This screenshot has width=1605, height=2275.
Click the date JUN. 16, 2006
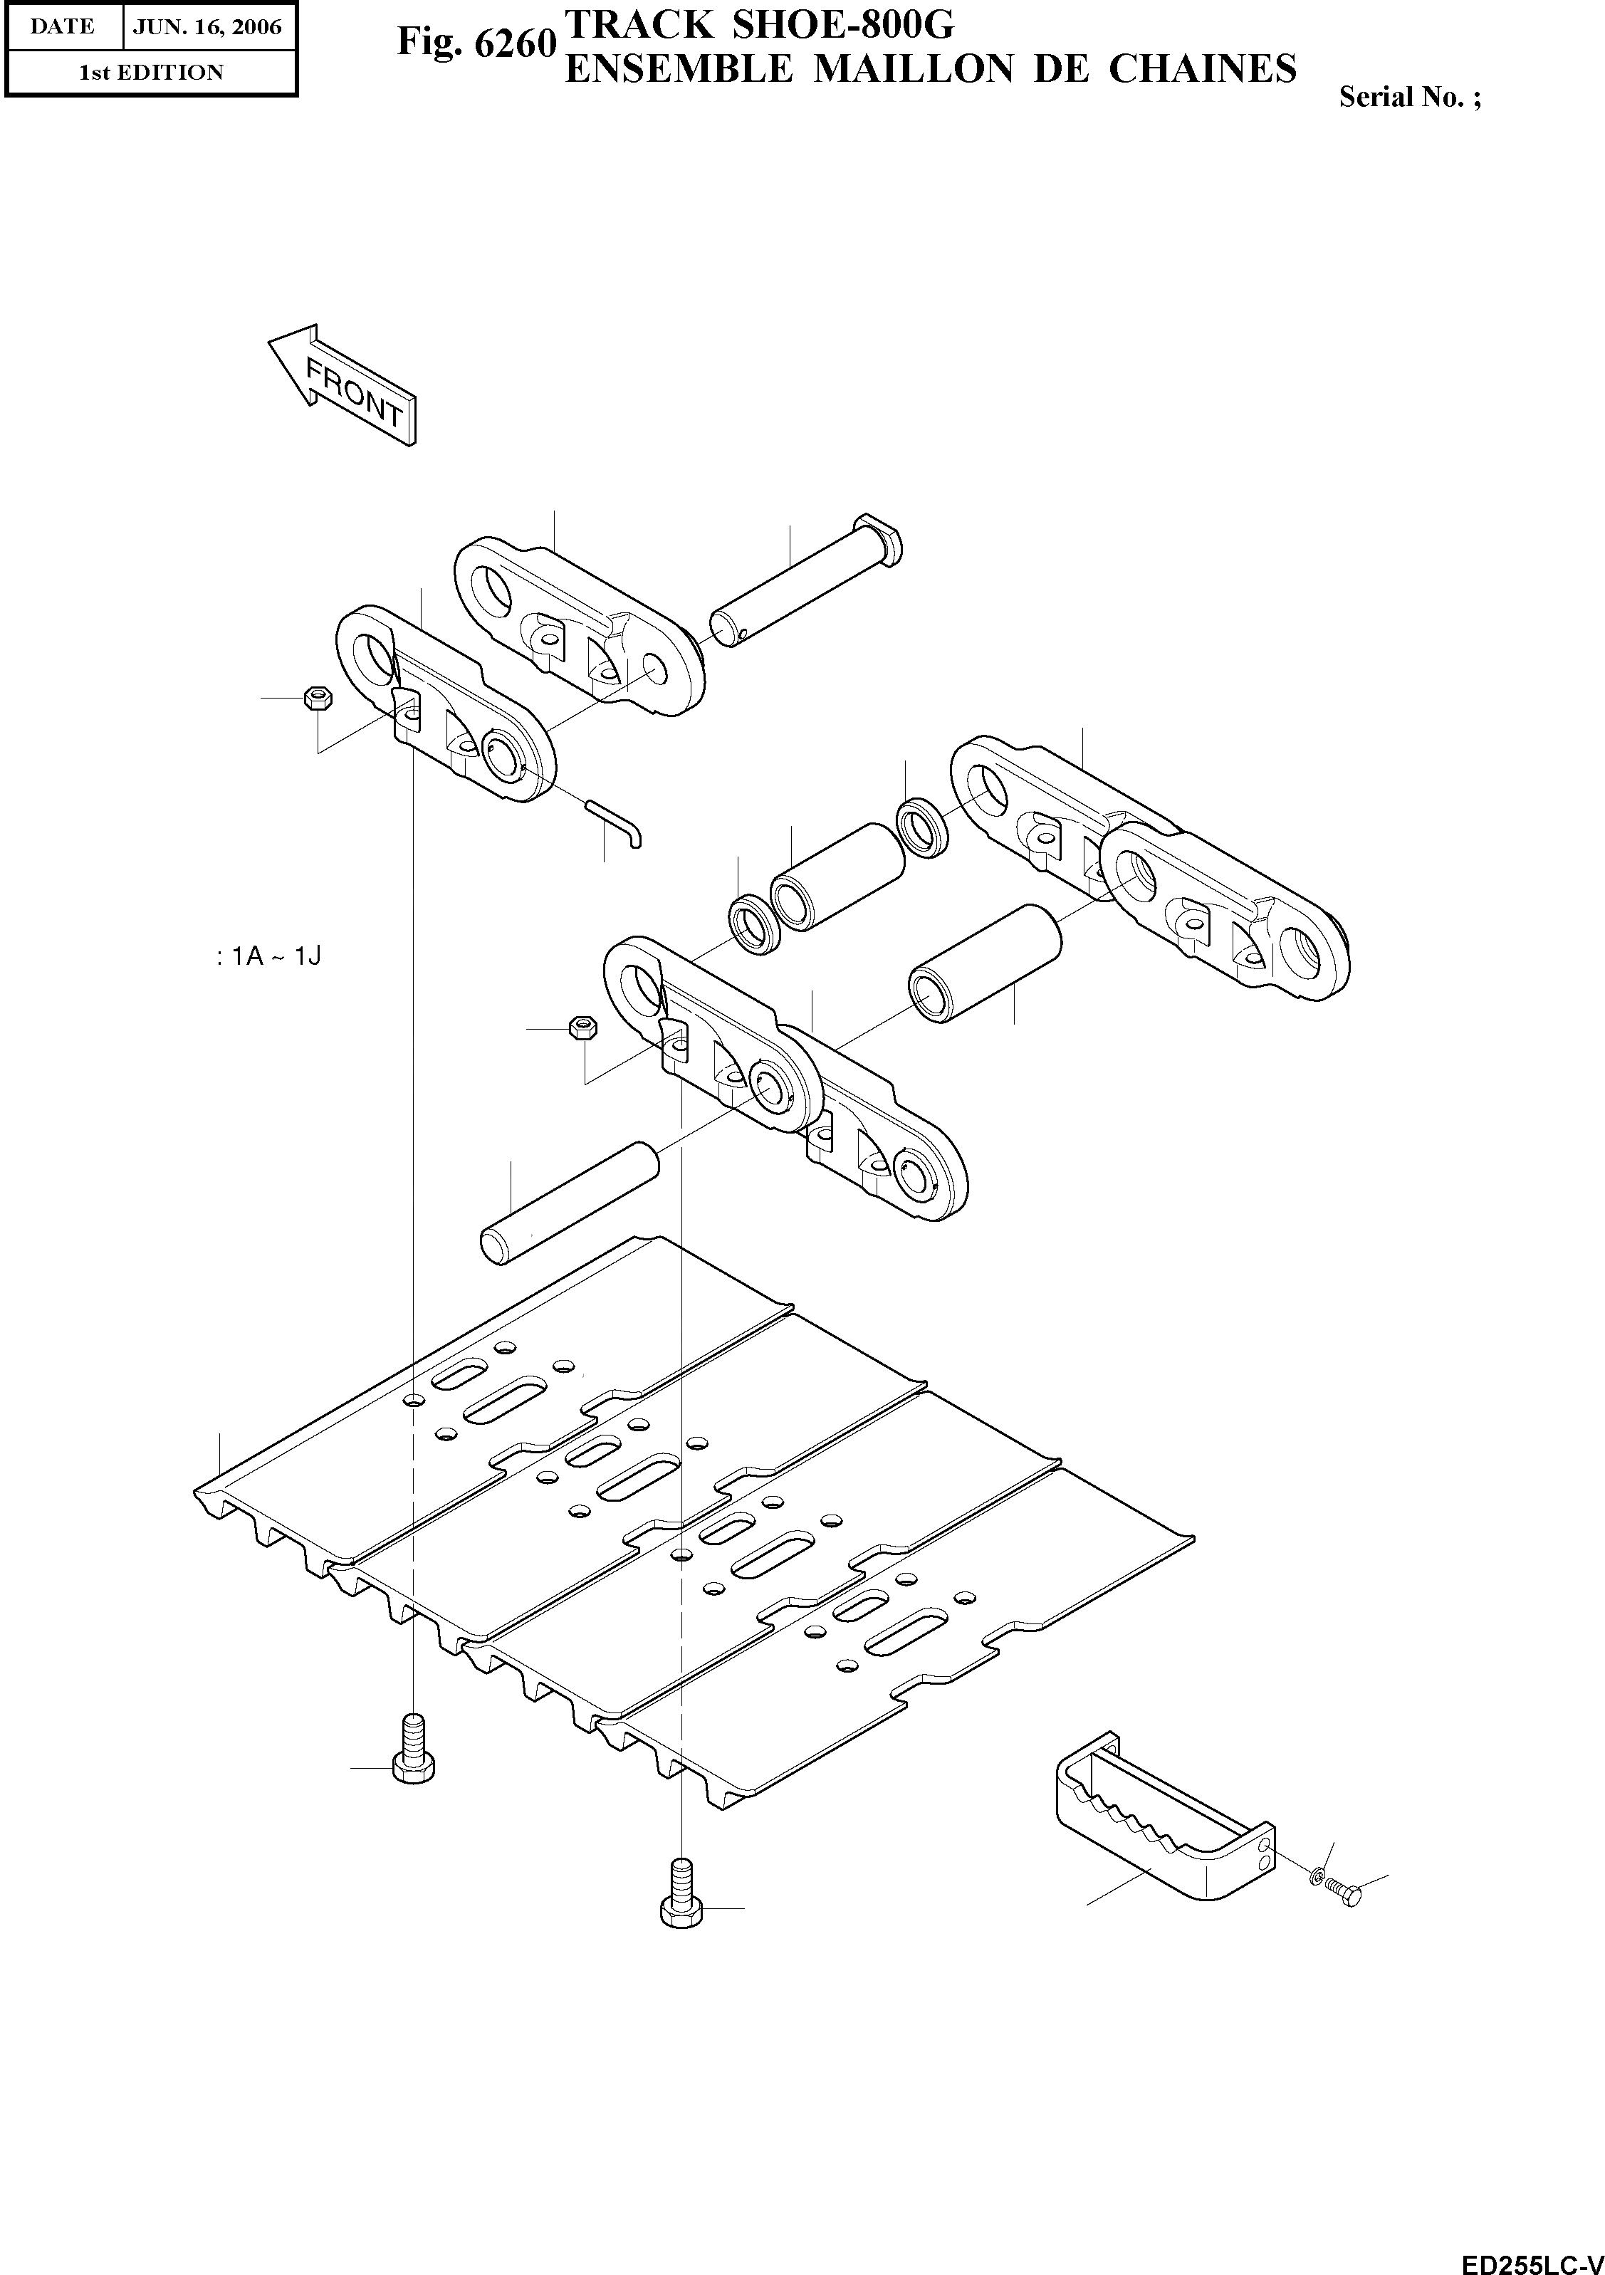tap(208, 27)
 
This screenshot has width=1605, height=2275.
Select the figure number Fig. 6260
tap(474, 43)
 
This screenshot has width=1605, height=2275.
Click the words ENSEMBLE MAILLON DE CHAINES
tap(929, 68)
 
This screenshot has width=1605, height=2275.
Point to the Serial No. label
tap(1409, 97)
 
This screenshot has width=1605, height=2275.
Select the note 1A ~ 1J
tap(268, 956)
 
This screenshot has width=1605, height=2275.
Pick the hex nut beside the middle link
tap(582, 1027)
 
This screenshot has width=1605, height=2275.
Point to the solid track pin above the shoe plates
tap(570, 1202)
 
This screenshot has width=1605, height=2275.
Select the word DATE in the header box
tap(63, 27)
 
